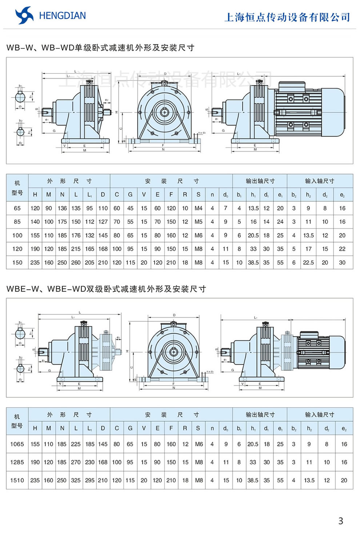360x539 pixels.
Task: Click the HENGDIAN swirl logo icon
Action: [24, 16]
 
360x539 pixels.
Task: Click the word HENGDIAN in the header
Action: [62, 16]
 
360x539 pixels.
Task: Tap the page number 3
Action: [340, 521]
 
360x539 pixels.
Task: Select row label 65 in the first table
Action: [17, 208]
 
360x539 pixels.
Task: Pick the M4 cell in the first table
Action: [199, 208]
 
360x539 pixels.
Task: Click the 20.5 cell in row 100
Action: [253, 235]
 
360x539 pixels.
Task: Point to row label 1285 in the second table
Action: [17, 462]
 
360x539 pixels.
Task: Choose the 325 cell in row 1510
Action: [76, 480]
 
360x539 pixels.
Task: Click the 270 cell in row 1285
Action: [76, 462]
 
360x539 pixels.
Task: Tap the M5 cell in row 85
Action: [199, 222]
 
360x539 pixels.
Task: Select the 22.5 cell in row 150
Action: [308, 262]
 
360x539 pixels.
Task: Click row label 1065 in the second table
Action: [17, 444]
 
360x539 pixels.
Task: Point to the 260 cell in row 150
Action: [76, 262]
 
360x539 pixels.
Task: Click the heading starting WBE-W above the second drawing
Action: [106, 289]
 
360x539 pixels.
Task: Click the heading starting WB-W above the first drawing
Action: [100, 48]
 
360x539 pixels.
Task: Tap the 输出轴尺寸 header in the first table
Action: [260, 181]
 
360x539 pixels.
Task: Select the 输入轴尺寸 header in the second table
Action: [320, 414]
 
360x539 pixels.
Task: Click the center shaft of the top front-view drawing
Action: [165, 111]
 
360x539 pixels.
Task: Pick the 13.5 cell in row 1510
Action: [309, 480]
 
